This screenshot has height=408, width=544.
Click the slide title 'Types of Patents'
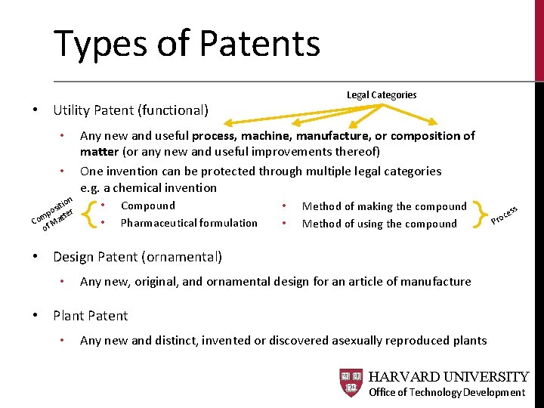(187, 44)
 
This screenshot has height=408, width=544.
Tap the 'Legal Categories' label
(382, 95)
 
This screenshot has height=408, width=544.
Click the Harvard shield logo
(351, 383)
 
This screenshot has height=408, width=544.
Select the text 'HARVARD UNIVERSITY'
(449, 377)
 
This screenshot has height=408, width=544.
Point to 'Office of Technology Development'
(447, 392)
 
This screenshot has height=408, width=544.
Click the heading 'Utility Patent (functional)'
(131, 110)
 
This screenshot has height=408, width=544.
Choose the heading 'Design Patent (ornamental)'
(138, 257)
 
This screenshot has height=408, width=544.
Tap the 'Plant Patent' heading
(91, 316)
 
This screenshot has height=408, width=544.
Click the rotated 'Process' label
(504, 215)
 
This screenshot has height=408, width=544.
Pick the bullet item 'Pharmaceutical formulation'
(189, 223)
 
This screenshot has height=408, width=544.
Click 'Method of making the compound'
(385, 206)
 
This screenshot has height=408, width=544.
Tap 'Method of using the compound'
(379, 224)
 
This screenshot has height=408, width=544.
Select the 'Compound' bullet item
(148, 206)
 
